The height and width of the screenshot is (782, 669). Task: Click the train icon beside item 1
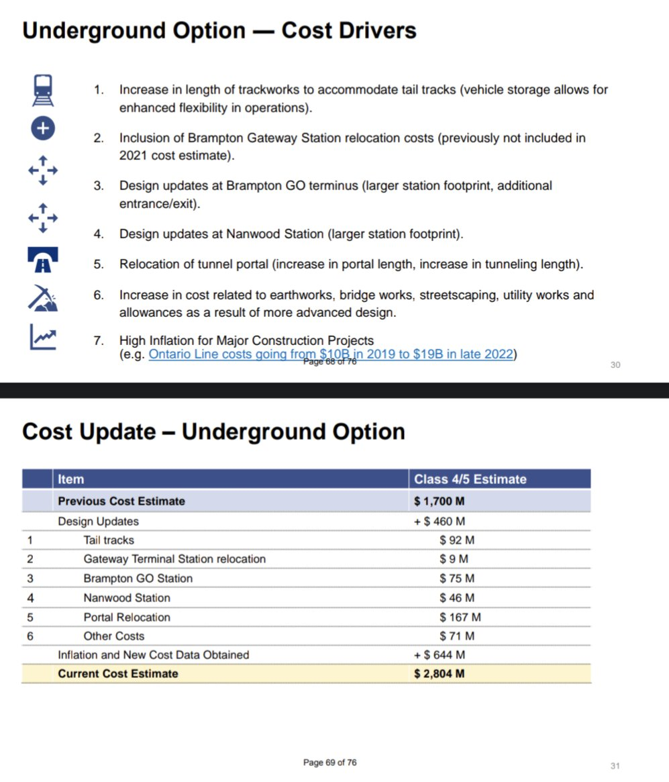pos(44,89)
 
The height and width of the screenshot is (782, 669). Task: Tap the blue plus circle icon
pos(43,129)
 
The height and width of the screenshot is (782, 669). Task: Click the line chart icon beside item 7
pos(43,337)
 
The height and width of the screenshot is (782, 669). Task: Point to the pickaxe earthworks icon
pos(43,297)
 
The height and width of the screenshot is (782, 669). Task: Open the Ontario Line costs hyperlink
pos(331,354)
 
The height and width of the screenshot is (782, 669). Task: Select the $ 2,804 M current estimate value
pos(440,673)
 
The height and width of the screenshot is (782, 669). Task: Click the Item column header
pos(70,479)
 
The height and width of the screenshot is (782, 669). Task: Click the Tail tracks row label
pos(109,540)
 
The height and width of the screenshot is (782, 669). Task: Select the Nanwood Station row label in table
pos(127,597)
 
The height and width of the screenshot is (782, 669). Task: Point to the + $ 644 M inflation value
pos(440,654)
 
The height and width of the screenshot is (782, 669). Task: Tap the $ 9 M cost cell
pos(454,558)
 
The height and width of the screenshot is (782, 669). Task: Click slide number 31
pos(615,766)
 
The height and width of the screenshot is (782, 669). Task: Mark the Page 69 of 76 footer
pos(330,763)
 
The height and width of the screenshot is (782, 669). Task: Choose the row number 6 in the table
pos(30,636)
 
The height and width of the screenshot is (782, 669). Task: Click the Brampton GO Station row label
pos(138,578)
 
